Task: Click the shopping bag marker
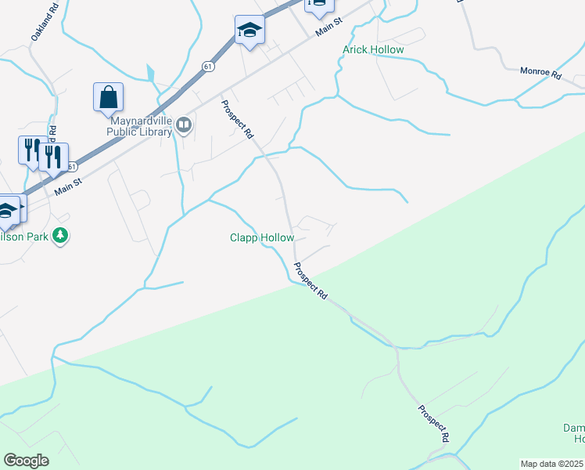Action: (x=108, y=97)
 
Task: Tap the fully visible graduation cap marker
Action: (x=249, y=31)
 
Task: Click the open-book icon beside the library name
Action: (x=184, y=125)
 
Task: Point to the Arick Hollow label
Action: (x=373, y=50)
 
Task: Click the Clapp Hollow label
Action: (x=262, y=237)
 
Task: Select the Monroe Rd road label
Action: (x=541, y=74)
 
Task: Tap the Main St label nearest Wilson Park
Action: (x=68, y=186)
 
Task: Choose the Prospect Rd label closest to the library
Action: (x=237, y=119)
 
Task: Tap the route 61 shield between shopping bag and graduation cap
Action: (x=204, y=67)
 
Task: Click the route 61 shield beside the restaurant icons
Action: (x=72, y=167)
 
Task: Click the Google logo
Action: (x=26, y=461)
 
